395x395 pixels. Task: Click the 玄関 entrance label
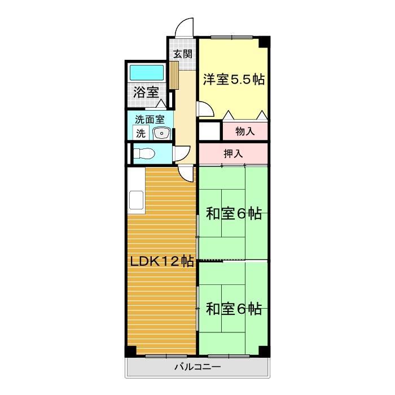point(182,54)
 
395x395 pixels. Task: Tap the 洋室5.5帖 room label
point(234,80)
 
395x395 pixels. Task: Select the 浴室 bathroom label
point(145,93)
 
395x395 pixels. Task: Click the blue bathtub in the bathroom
point(146,73)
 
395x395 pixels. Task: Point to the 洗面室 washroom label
point(150,120)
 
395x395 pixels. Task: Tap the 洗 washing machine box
point(141,134)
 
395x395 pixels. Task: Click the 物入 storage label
point(244,131)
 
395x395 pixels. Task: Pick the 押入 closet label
point(233,153)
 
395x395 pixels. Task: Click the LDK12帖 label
point(162,261)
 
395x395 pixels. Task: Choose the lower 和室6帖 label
point(233,309)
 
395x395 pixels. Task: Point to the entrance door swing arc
point(184,27)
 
